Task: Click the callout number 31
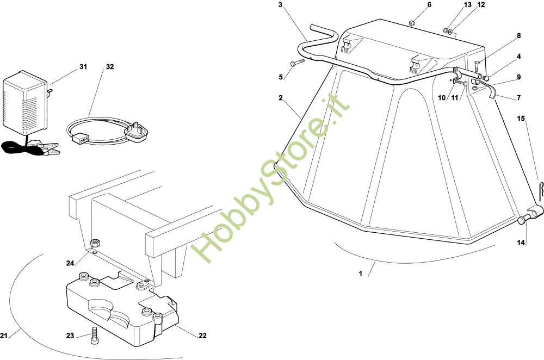pos(83,67)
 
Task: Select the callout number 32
pos(110,67)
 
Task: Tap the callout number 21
pos(4,334)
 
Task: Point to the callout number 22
pos(202,336)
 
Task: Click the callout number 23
pos(70,336)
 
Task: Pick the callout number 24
pos(70,263)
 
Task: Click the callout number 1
pos(361,274)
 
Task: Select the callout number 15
pos(521,118)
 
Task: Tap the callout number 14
pos(521,243)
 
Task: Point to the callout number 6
pos(429,5)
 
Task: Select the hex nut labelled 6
pos(412,23)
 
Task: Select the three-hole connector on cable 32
pos(80,138)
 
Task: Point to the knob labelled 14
pos(523,219)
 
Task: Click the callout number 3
pos(280,5)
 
